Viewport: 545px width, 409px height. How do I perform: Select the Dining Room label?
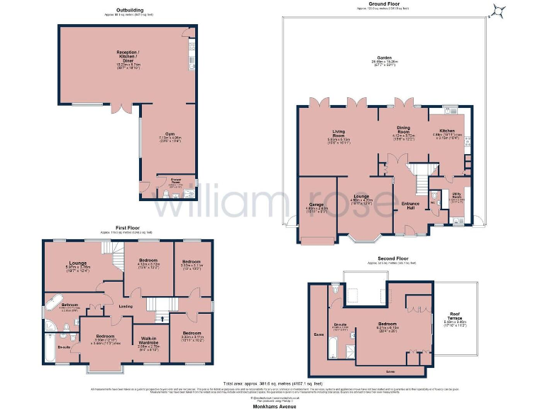click(x=402, y=131)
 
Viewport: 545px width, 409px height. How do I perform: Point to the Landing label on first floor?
click(x=126, y=306)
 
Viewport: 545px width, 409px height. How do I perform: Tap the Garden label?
click(x=385, y=60)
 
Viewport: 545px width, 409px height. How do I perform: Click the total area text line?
click(x=272, y=383)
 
